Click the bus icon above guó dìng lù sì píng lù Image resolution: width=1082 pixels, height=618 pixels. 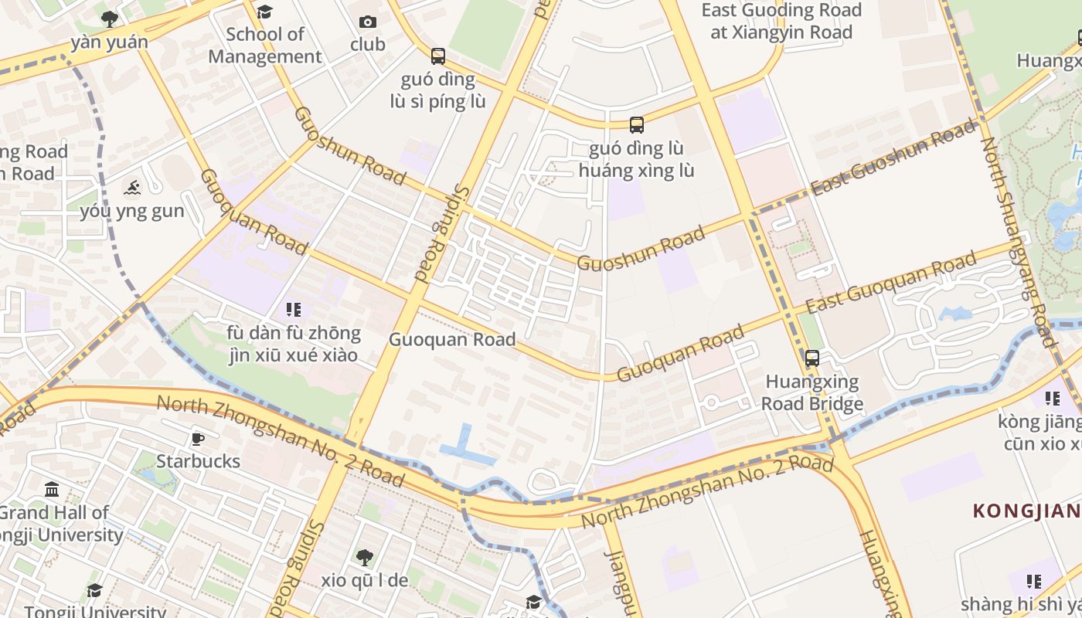click(x=438, y=56)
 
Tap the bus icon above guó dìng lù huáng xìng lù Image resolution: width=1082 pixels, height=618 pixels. click(x=636, y=124)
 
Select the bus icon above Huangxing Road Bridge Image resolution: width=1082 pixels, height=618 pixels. click(x=812, y=358)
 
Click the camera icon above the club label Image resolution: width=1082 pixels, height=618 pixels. click(x=368, y=22)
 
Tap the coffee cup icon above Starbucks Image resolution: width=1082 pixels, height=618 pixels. click(x=198, y=439)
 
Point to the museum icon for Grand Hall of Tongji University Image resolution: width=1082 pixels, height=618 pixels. click(x=53, y=489)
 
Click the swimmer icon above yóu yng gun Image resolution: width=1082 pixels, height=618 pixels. click(x=132, y=188)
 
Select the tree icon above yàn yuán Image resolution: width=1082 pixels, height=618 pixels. click(x=110, y=19)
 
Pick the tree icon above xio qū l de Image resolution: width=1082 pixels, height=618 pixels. click(x=364, y=557)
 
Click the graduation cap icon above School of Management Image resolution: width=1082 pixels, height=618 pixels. click(x=264, y=11)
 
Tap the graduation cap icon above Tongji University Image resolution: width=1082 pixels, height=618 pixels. click(x=94, y=591)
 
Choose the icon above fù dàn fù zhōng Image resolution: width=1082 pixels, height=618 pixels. click(x=294, y=310)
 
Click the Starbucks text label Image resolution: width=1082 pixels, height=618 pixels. click(x=198, y=461)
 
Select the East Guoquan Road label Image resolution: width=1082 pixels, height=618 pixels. click(x=890, y=284)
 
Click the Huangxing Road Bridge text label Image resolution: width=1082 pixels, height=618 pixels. click(x=812, y=392)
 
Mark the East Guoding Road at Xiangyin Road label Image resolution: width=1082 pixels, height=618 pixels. click(x=781, y=22)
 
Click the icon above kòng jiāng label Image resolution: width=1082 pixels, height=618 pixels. click(x=1053, y=399)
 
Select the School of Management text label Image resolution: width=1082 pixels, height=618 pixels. click(x=265, y=46)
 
